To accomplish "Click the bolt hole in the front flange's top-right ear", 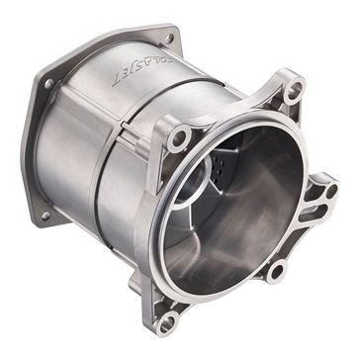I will click(293, 90).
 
